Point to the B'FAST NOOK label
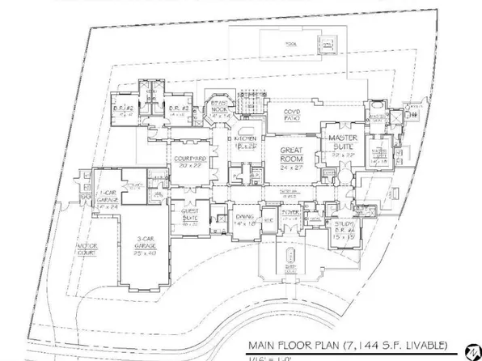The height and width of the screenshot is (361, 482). tap(221, 110)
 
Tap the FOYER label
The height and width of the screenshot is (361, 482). tap(291, 214)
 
